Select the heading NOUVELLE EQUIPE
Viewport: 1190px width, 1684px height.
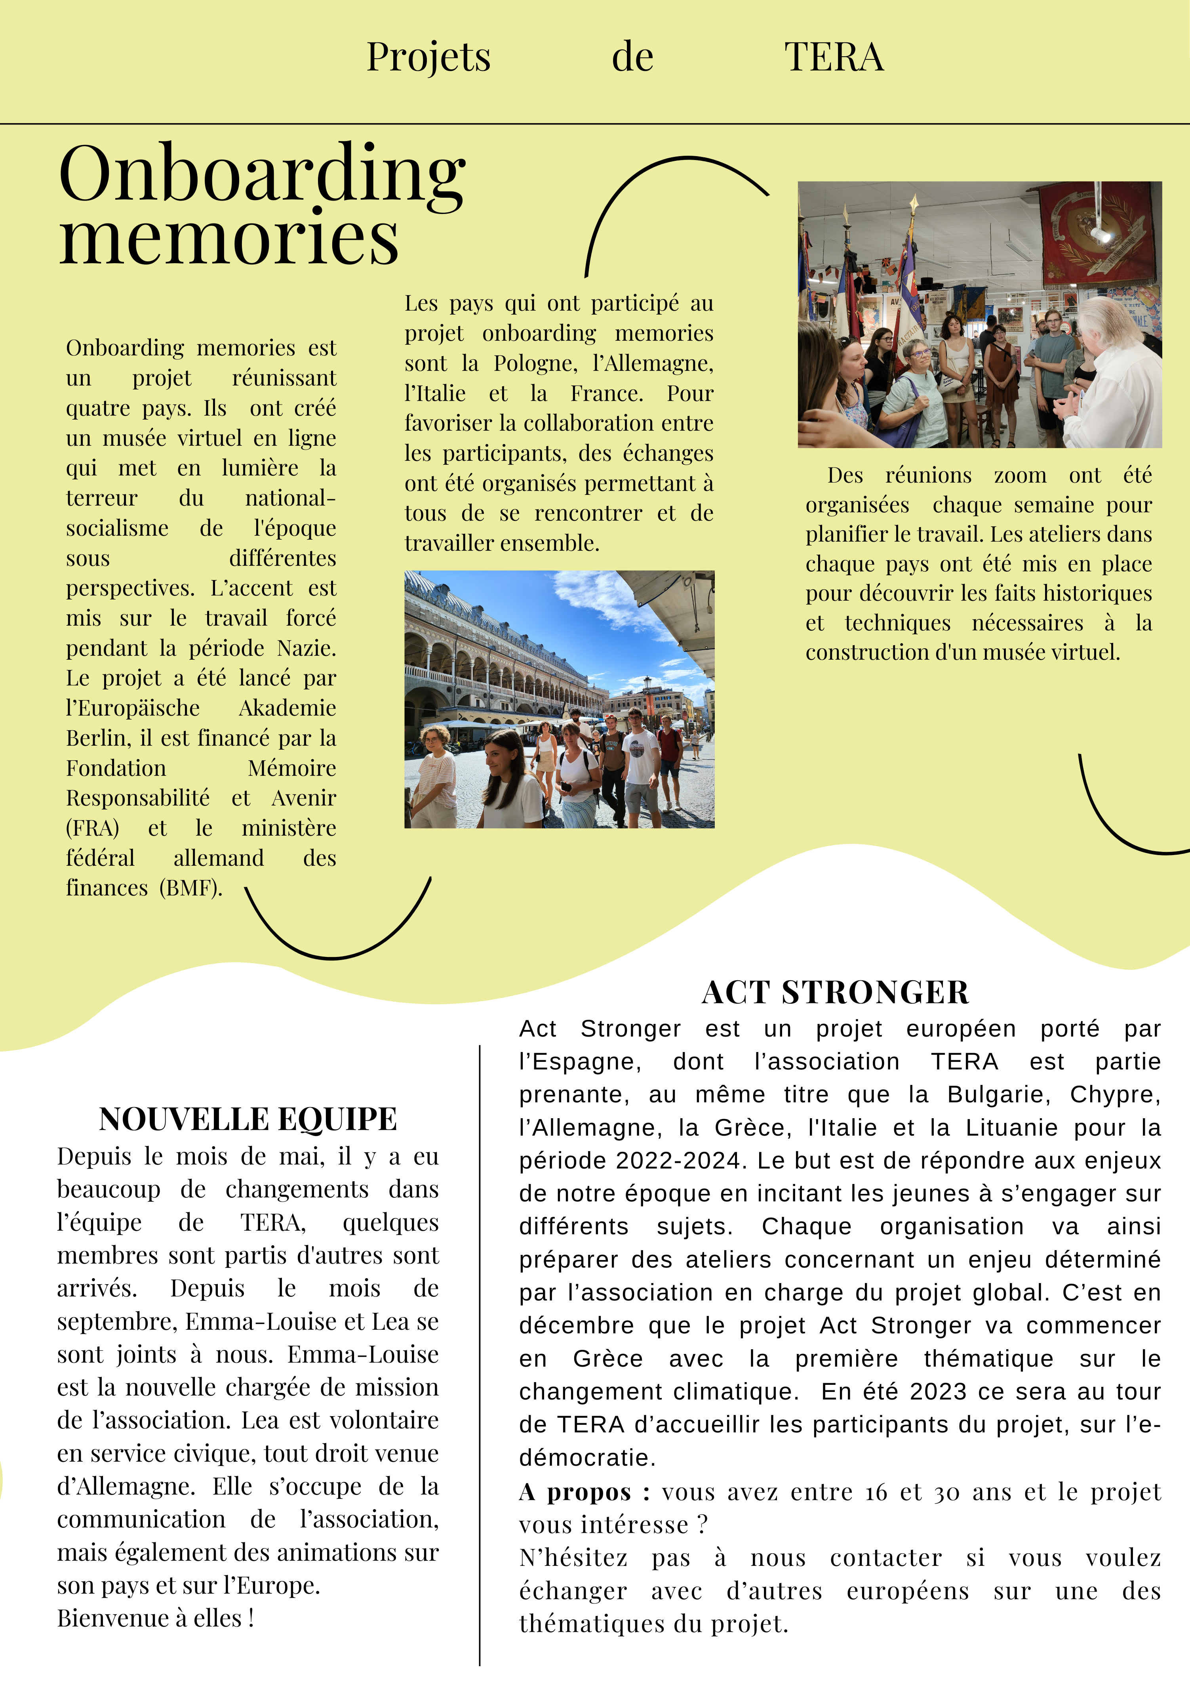248,1119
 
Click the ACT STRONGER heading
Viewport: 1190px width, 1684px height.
835,992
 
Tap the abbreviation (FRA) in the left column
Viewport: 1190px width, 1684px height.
92,828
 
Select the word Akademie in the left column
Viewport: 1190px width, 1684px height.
288,708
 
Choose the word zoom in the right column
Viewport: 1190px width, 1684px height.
1020,475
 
